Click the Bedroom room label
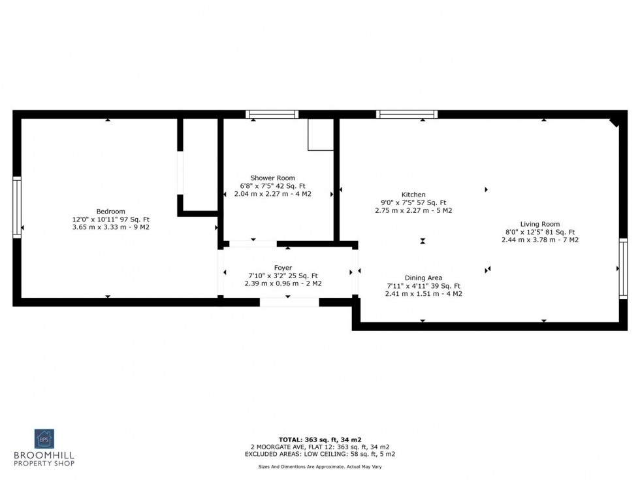pos(110,211)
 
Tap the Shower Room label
pos(272,178)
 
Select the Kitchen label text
pos(413,195)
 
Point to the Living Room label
pos(540,224)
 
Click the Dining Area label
pos(424,278)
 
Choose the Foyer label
pos(283,268)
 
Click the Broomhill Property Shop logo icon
pos(44,439)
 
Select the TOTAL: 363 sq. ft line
pos(319,439)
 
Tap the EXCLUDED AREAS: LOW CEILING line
pos(319,453)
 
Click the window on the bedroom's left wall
pos(17,207)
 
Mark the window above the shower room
pos(272,114)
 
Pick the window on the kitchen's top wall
pos(406,114)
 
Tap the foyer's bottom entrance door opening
pos(289,302)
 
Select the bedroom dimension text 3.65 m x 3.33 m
pos(110,227)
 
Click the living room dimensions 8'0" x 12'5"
pos(540,232)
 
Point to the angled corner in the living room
pos(615,121)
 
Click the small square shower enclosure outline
pos(321,135)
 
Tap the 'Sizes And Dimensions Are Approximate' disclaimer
pos(319,467)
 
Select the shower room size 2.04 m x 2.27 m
pos(272,194)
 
